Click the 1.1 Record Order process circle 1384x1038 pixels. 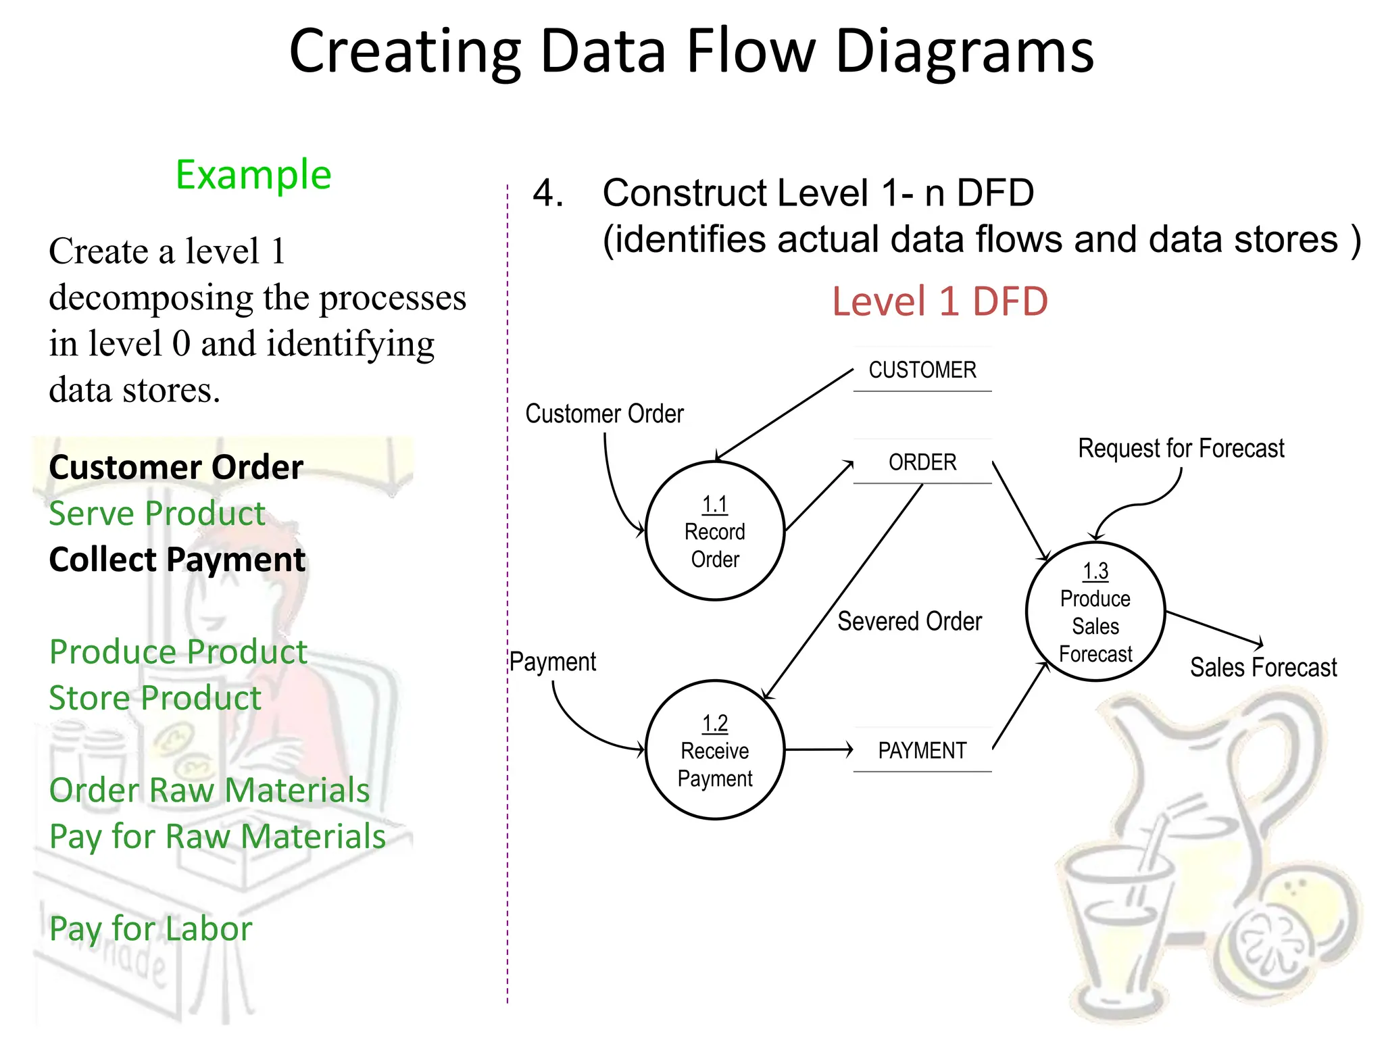coord(714,531)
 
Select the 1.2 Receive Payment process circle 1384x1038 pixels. coord(714,750)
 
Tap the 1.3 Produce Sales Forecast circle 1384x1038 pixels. coord(1095,612)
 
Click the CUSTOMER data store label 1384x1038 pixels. coord(922,370)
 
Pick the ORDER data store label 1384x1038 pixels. coord(922,462)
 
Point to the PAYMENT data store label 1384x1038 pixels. coord(922,750)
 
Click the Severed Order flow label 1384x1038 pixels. coord(909,621)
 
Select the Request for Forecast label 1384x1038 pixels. coord(1180,448)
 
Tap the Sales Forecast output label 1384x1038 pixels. coord(1262,667)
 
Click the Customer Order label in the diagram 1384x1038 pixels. coord(604,414)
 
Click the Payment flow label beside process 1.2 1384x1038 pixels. coord(552,662)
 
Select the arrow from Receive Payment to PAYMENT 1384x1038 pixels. coord(818,749)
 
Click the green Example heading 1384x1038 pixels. coord(253,174)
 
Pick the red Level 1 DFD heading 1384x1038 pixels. coord(939,301)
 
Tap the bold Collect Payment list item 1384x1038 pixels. coord(177,560)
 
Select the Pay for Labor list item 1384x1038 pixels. coord(151,929)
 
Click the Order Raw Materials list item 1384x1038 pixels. coord(209,790)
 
